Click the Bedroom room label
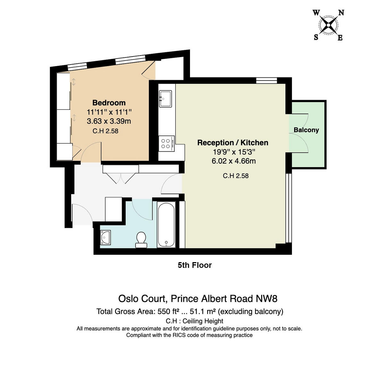click(x=109, y=103)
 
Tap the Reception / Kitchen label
click(x=233, y=143)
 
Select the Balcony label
click(x=306, y=130)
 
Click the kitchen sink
click(x=165, y=98)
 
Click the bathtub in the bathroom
click(x=166, y=225)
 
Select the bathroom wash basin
click(x=105, y=238)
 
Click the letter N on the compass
click(x=341, y=13)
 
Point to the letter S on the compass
click(x=316, y=37)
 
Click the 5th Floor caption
click(x=195, y=265)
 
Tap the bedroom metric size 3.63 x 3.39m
click(x=109, y=121)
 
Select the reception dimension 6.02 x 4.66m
click(x=234, y=161)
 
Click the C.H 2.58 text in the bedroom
click(x=105, y=131)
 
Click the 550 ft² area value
click(x=168, y=312)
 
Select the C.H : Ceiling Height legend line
click(x=194, y=321)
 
